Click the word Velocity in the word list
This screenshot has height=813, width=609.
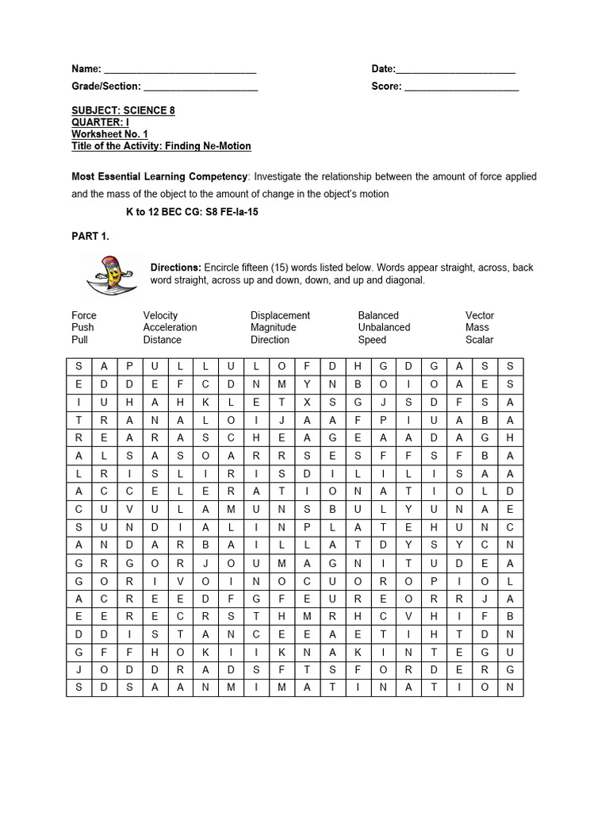160,315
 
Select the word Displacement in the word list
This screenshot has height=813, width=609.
280,315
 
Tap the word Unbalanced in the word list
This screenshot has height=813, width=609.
384,327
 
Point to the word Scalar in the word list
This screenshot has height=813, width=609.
479,340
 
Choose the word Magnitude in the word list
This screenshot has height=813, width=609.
273,327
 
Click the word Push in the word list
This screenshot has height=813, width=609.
82,327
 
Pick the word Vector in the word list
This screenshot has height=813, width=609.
480,315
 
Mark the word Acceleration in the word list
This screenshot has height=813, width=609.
170,327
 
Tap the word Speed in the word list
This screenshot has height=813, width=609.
372,340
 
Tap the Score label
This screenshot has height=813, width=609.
386,87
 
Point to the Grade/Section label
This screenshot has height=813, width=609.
105,87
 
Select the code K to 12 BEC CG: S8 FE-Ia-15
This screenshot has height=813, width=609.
192,213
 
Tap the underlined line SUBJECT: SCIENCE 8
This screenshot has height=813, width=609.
123,110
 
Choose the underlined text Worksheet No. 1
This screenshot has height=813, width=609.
109,134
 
